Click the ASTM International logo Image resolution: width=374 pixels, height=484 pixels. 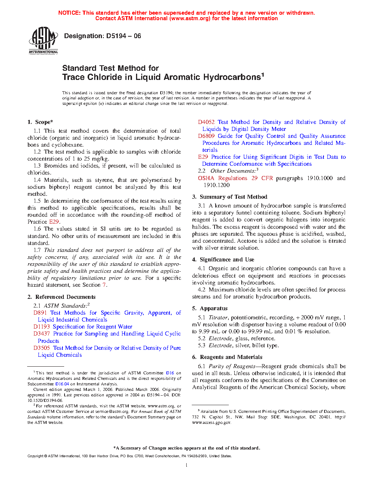[x=43, y=40]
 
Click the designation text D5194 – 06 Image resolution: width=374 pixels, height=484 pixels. [x=102, y=36]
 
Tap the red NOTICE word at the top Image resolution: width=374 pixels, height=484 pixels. [x=69, y=13]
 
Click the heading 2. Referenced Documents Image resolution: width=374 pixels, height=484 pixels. [x=62, y=297]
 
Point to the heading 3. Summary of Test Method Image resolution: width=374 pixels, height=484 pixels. [x=230, y=197]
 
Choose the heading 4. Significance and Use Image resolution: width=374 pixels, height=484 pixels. [x=223, y=260]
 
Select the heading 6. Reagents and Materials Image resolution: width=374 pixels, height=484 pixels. [x=227, y=357]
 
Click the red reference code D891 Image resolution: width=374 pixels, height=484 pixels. [x=40, y=313]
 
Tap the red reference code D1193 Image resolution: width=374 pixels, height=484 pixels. [x=41, y=327]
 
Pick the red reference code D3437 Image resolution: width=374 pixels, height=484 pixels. [x=41, y=334]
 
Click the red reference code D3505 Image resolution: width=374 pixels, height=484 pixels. [x=41, y=348]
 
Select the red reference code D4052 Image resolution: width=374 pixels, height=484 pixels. [x=206, y=122]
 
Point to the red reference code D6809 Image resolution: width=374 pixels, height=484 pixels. [x=206, y=136]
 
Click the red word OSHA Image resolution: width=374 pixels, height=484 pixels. [x=206, y=178]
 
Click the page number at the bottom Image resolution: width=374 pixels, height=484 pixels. [x=187, y=465]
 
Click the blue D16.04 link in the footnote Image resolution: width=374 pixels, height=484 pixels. [x=62, y=384]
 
